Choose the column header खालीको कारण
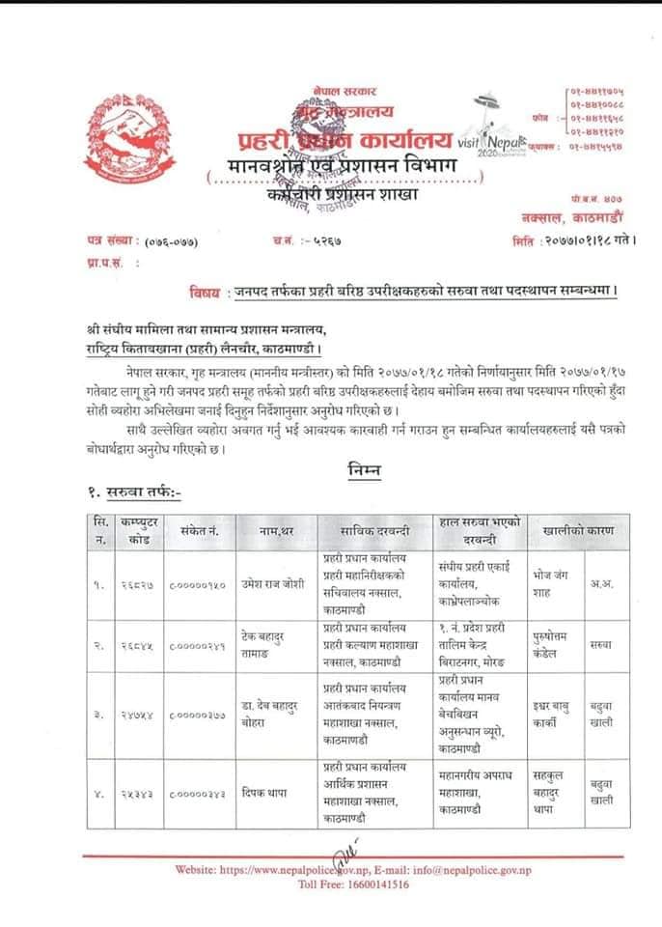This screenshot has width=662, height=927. click(x=576, y=531)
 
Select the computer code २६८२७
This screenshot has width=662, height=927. click(x=135, y=584)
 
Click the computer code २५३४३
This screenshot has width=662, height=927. click(x=135, y=795)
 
